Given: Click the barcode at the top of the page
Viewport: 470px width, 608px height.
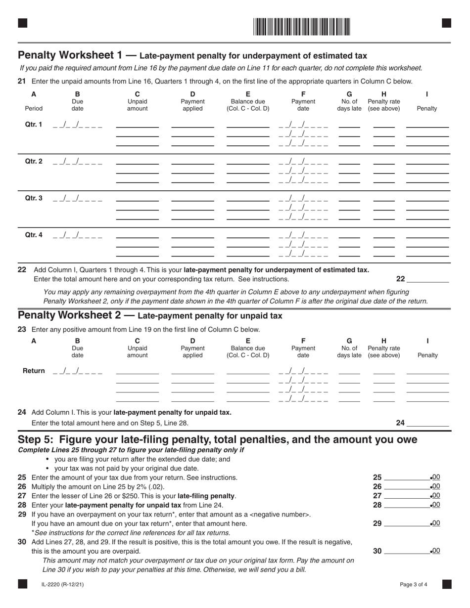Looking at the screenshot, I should point(302,27).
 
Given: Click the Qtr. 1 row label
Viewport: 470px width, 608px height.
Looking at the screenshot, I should point(34,125).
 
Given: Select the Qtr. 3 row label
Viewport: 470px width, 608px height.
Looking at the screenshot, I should point(34,198).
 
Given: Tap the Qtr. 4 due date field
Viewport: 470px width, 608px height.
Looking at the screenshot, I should point(77,235).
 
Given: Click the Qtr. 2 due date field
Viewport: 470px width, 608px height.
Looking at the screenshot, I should point(77,162).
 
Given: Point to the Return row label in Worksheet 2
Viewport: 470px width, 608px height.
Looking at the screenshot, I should point(34,371).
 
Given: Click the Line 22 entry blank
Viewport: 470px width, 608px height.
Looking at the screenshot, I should point(427,279).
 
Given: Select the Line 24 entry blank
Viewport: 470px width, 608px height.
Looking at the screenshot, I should point(427,423).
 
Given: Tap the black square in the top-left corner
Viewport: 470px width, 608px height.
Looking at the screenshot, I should point(22,23).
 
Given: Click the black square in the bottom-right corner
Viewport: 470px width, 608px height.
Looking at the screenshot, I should point(446,584).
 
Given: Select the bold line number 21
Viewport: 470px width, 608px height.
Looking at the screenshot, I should point(22,82).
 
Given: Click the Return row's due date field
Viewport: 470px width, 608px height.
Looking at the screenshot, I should point(77,371).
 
